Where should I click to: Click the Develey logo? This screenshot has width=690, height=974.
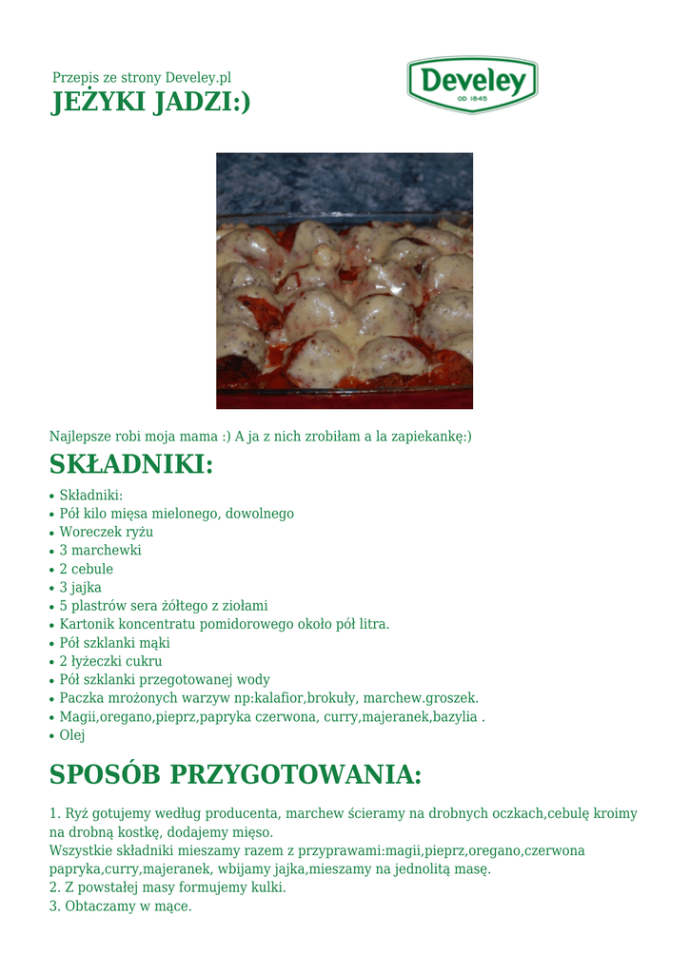point(472,84)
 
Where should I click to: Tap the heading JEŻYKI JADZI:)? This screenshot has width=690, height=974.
point(150,102)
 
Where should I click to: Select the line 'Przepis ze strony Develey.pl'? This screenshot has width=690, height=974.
point(142,77)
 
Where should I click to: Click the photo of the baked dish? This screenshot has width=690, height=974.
point(345,281)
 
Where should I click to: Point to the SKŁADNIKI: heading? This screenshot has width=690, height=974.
point(131,466)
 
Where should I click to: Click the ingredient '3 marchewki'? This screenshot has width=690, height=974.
point(100,550)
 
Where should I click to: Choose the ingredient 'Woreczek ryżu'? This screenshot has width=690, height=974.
point(106,532)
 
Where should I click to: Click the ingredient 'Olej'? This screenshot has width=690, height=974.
point(72,735)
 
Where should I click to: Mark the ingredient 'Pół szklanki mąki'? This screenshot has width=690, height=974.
point(114,642)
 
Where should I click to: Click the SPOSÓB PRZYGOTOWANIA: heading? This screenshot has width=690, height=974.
point(235,775)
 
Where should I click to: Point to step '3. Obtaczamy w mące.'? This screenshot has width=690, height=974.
point(121,906)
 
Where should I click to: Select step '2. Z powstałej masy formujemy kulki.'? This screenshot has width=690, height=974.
point(168,887)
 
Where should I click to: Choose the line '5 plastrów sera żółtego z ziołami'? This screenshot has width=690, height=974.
point(164,606)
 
